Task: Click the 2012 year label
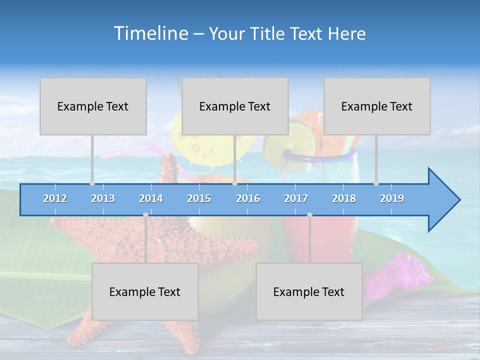[x=55, y=198]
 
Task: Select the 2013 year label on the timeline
[x=103, y=198]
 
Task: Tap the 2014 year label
[x=151, y=198]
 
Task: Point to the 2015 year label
[x=199, y=198]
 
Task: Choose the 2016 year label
[x=248, y=198]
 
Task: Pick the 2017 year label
[x=296, y=198]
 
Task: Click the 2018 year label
[x=344, y=198]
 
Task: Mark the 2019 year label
[x=392, y=198]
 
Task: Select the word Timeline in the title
[x=150, y=33]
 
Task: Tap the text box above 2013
[x=93, y=106]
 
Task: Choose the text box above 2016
[x=235, y=106]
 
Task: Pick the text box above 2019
[x=377, y=106]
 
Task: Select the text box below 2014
[x=145, y=291]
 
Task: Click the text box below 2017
[x=309, y=291]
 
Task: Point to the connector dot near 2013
[x=92, y=183]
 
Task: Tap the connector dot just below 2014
[x=145, y=214]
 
